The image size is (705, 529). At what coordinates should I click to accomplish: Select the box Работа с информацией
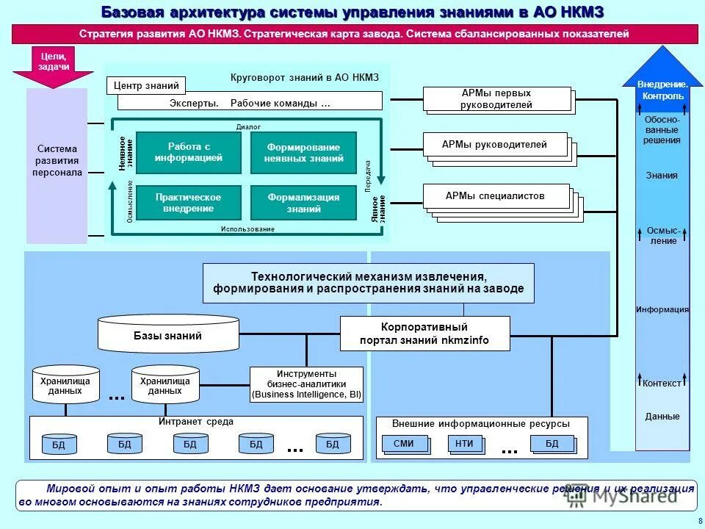click(x=189, y=152)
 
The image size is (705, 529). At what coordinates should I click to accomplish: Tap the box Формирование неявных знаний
click(x=303, y=153)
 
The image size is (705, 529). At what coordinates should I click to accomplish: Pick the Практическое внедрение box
click(x=189, y=203)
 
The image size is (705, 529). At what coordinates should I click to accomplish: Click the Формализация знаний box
click(x=303, y=203)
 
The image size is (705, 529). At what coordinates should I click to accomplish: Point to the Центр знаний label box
click(x=146, y=86)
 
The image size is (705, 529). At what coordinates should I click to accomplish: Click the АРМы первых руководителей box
click(x=496, y=99)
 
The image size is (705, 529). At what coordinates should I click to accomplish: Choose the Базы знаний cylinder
click(x=168, y=334)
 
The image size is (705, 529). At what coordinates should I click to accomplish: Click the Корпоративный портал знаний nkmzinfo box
click(x=424, y=334)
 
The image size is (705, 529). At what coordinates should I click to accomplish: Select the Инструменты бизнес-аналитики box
click(x=306, y=384)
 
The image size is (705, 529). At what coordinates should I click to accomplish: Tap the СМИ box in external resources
click(x=403, y=444)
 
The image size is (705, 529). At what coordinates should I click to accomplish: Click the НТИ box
click(x=464, y=444)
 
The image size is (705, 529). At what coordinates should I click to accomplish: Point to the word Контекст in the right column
click(x=662, y=384)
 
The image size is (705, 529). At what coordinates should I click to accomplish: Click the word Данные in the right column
click(x=662, y=417)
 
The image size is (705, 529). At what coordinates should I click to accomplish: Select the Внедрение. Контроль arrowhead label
click(x=662, y=90)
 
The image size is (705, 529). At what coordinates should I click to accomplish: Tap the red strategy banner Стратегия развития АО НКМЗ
click(x=354, y=34)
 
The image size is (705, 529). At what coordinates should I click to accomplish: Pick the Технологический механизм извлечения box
click(x=369, y=283)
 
